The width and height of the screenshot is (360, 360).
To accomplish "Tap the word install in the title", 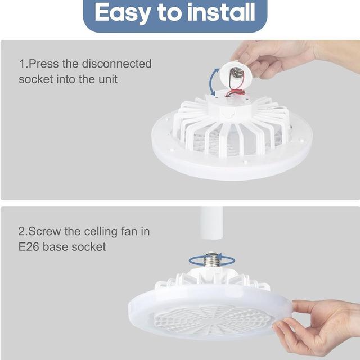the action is click(221, 12).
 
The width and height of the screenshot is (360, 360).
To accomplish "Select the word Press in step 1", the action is click(44, 64).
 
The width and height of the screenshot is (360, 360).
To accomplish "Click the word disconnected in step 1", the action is click(116, 64).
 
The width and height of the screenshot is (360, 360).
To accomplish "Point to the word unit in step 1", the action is click(108, 79).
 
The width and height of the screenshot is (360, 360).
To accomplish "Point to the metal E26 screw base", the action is click(212, 260).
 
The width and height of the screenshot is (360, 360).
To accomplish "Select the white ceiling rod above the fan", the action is click(211, 223).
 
